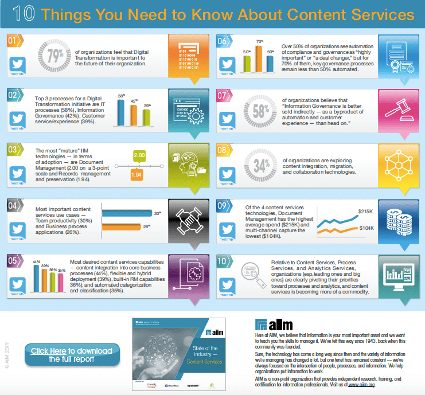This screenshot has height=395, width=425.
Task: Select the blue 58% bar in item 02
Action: tap(122, 112)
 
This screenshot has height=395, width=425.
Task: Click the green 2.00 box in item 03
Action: tap(139, 155)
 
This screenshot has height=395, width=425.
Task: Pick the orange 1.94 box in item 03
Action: tap(137, 174)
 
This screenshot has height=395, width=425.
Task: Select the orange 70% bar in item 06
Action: tap(259, 56)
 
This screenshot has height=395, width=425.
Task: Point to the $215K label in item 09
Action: tap(365, 212)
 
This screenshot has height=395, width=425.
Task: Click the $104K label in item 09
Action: tap(365, 229)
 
